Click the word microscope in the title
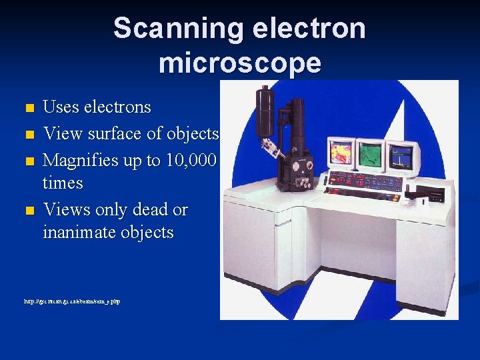(x=240, y=63)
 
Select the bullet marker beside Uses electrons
(x=28, y=108)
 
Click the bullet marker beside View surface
(x=28, y=135)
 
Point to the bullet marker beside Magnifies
(x=28, y=161)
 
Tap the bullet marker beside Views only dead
(x=28, y=211)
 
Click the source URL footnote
(x=81, y=302)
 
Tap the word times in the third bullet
(x=63, y=183)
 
